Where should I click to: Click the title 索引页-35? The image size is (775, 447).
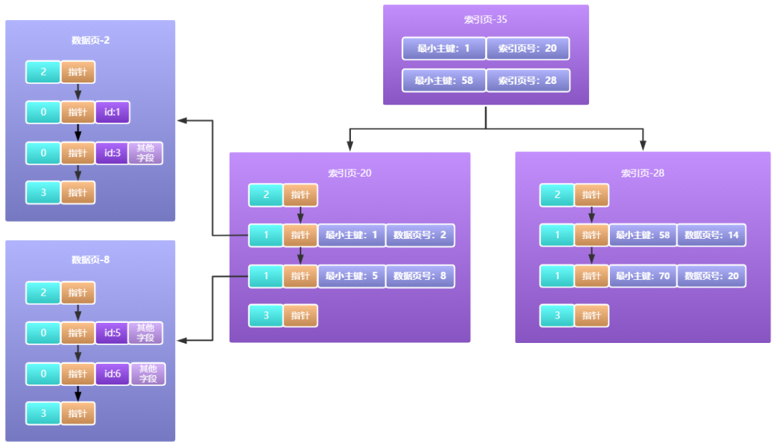(486, 19)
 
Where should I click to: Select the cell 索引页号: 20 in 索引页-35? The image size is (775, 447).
(527, 48)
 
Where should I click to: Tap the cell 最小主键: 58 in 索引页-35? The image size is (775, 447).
(444, 80)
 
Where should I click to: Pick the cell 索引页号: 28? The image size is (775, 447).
(527, 80)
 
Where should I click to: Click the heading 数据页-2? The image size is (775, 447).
(90, 40)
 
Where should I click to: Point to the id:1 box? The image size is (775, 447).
(112, 113)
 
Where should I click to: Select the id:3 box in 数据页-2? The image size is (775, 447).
(112, 153)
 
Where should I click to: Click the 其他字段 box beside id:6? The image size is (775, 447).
(148, 374)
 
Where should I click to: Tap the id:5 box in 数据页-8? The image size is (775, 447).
(112, 333)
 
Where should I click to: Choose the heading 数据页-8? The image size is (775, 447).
(90, 260)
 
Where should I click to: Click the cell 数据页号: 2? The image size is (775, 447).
(420, 235)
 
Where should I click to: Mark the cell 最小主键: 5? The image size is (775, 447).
(352, 276)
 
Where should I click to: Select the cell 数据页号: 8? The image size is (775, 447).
(420, 276)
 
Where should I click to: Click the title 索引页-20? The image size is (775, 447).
(349, 173)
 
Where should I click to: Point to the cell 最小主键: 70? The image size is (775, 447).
(643, 276)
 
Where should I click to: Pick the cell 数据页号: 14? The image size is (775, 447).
(711, 235)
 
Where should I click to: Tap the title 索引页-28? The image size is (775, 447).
(642, 173)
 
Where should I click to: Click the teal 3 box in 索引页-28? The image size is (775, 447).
(557, 316)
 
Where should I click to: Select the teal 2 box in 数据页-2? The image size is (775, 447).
(43, 72)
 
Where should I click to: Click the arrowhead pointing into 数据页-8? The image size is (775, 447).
(182, 340)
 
